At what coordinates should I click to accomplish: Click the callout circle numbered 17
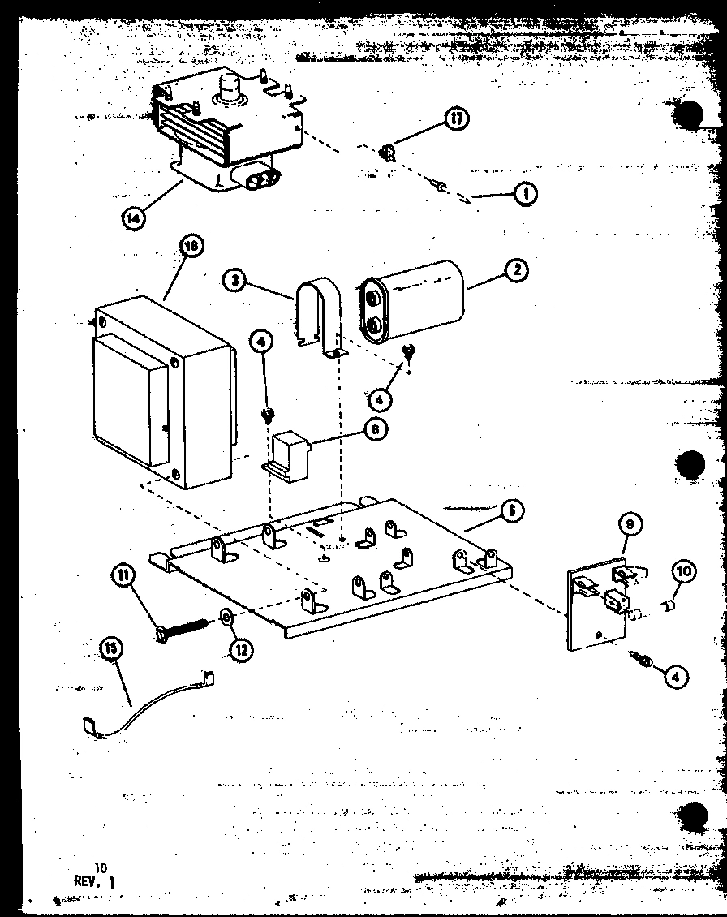pos(458,119)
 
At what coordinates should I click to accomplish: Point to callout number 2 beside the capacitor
pos(514,271)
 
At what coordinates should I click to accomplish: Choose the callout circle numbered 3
pos(234,281)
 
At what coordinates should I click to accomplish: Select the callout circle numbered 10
pos(683,572)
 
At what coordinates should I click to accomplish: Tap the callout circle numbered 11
pos(123,577)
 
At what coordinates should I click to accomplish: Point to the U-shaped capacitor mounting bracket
pos(318,316)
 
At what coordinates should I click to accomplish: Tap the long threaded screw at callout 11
pos(182,629)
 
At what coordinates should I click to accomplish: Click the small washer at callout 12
pos(227,621)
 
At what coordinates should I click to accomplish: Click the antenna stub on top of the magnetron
pos(230,84)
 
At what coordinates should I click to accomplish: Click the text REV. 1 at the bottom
pos(95,880)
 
